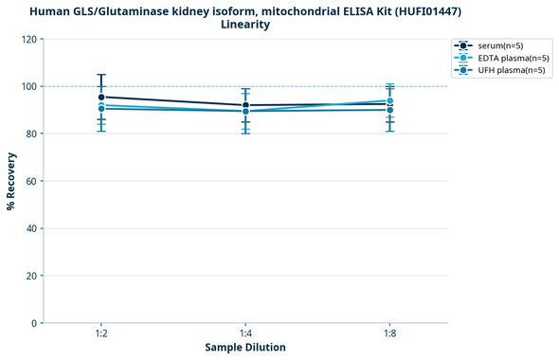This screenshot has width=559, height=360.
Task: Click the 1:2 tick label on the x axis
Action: point(101,334)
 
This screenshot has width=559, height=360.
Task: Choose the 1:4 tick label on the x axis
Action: point(245,334)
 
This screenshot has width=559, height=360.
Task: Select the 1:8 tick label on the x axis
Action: point(389,334)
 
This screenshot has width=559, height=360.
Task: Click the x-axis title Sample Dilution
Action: point(245,348)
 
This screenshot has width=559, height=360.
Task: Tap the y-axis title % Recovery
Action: point(11,181)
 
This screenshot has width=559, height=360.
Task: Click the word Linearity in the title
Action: point(245,25)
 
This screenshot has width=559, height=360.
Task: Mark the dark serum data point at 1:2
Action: point(101,97)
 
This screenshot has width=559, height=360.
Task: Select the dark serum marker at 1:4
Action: point(245,105)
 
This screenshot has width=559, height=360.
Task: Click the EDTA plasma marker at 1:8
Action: point(389,100)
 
